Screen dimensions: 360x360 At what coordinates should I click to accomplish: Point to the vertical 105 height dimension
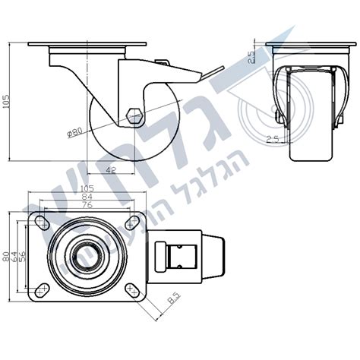(x=7, y=103)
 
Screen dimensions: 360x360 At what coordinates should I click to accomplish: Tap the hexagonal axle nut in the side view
(x=135, y=117)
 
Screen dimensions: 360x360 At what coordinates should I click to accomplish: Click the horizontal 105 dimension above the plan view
(x=86, y=188)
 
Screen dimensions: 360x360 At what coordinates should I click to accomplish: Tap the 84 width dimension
(x=86, y=196)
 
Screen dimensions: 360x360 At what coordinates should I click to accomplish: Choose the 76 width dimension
(x=86, y=204)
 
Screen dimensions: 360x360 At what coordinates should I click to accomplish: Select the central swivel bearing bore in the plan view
(x=87, y=257)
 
